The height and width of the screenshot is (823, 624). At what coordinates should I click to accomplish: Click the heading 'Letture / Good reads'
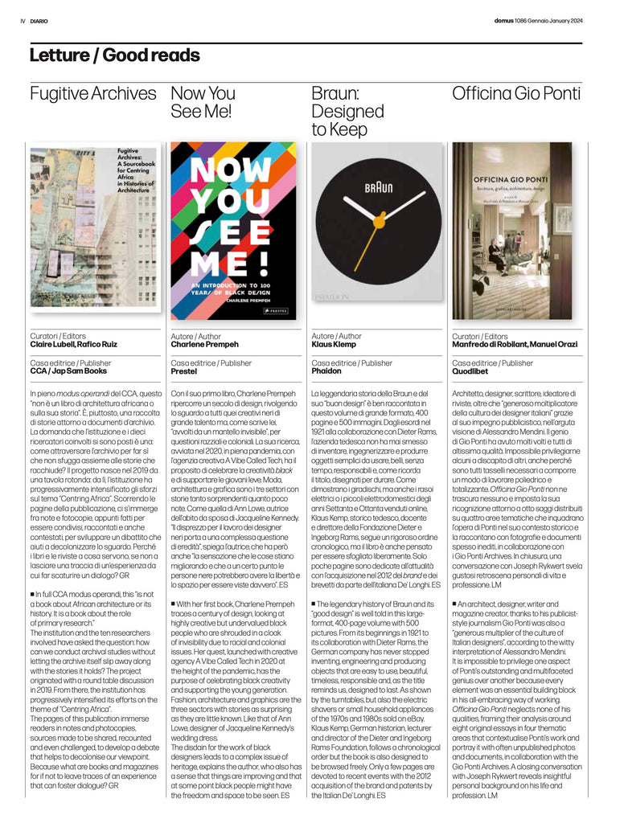pos(114,55)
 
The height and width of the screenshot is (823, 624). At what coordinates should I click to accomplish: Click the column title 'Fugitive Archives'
pos(92,93)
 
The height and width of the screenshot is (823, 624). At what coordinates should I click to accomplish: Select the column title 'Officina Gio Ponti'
pos(515,93)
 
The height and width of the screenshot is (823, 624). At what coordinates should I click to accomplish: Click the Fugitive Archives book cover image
pos(95,228)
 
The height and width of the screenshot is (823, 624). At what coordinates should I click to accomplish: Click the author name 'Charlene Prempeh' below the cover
pos(205,345)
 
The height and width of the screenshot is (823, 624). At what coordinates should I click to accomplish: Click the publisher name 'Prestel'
pos(184,371)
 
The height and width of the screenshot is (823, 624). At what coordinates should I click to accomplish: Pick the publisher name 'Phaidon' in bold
pos(326,371)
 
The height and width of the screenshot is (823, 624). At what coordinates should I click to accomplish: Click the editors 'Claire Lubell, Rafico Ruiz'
pos(74,345)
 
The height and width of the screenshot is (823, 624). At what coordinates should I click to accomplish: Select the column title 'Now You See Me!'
pos(203,102)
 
